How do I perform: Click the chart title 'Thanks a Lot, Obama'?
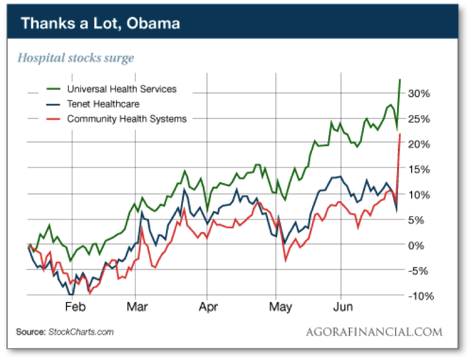[x=100, y=24]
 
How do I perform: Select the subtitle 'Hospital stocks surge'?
[x=75, y=58]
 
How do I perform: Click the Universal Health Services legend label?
[x=121, y=89]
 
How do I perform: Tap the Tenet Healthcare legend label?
[x=103, y=104]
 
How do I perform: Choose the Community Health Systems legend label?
[x=127, y=119]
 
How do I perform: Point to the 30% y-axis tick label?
[x=417, y=94]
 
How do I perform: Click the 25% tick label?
[x=417, y=119]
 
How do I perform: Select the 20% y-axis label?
[x=417, y=144]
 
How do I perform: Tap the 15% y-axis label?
[x=417, y=169]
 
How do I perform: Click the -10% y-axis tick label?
[x=416, y=295]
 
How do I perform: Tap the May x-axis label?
[x=281, y=307]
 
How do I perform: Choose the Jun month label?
[x=343, y=307]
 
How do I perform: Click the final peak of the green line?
[x=400, y=80]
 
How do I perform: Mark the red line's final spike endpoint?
[x=400, y=134]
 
